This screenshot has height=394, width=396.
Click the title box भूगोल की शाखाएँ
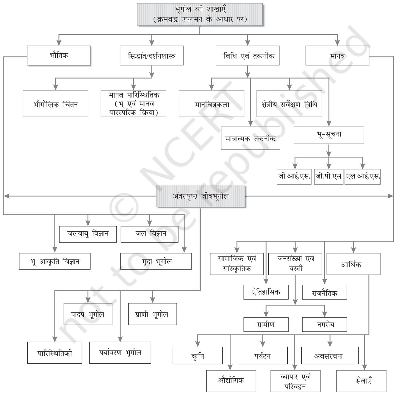[200, 14]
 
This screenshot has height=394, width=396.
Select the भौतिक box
[59, 56]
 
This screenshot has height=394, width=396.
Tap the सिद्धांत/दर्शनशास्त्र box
[152, 56]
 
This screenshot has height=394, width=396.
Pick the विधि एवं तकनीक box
[248, 56]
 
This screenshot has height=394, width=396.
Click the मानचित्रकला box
[212, 104]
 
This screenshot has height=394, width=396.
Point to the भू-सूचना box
[329, 135]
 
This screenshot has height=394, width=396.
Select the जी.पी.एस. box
[329, 177]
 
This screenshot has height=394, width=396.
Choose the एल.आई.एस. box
[363, 177]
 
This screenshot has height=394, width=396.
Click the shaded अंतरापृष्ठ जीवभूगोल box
[201, 196]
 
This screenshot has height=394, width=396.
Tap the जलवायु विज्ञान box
[88, 234]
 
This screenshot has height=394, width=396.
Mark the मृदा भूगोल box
[156, 261]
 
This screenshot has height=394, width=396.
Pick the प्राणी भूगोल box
[153, 314]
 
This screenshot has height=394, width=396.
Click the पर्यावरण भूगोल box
[120, 353]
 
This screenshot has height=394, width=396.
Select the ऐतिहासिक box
[266, 292]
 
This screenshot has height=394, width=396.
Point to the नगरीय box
[325, 324]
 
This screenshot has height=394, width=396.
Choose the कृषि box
[198, 355]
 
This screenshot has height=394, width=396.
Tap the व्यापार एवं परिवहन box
[295, 381]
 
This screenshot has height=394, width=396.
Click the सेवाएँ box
[361, 381]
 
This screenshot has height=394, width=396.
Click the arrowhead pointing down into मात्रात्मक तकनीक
[250, 123]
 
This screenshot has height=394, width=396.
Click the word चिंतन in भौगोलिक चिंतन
[70, 104]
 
